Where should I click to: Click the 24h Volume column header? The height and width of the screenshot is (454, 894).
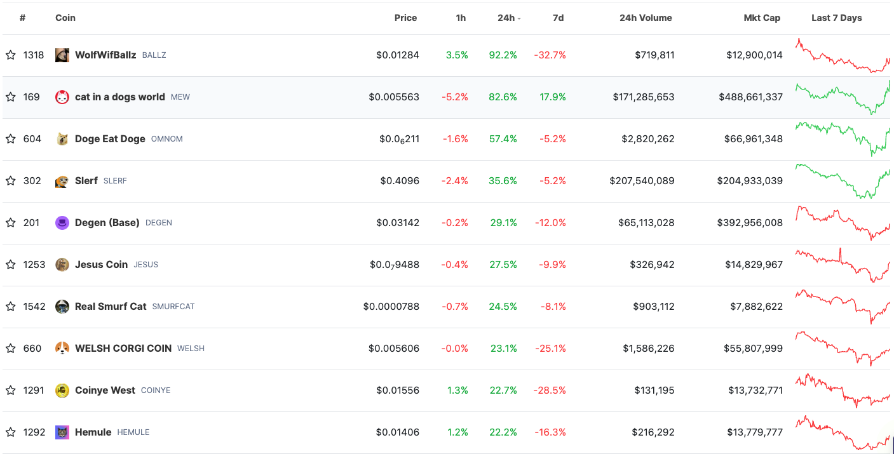click(x=646, y=18)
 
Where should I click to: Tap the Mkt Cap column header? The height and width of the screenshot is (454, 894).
click(x=762, y=18)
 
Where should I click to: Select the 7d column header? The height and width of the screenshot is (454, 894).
click(x=558, y=18)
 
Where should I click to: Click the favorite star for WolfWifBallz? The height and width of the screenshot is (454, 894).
click(x=11, y=55)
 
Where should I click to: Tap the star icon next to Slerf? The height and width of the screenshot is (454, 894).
click(x=11, y=181)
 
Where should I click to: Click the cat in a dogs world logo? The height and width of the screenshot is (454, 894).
click(x=62, y=97)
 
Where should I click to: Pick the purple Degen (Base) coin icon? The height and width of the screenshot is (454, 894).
click(x=62, y=223)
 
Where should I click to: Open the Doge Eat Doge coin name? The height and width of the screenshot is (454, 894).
click(x=110, y=139)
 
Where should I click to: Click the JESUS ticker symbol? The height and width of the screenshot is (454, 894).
click(x=146, y=265)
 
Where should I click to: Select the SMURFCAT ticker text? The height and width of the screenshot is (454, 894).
click(x=173, y=307)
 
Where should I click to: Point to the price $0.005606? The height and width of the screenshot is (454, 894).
click(x=394, y=349)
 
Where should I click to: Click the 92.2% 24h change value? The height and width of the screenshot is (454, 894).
click(x=503, y=55)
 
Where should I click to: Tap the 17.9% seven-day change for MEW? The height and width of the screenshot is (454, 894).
click(x=553, y=97)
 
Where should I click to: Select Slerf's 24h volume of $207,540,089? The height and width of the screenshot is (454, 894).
click(x=642, y=181)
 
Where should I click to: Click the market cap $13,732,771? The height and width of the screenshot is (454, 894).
click(x=755, y=390)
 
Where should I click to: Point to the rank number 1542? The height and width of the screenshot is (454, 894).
click(x=34, y=307)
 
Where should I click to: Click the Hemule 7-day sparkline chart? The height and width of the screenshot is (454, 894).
click(x=843, y=433)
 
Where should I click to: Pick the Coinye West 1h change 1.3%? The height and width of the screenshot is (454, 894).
click(x=457, y=390)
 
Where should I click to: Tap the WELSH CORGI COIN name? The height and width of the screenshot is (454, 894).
click(x=123, y=349)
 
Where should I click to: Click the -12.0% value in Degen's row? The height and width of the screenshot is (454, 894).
click(x=550, y=223)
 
